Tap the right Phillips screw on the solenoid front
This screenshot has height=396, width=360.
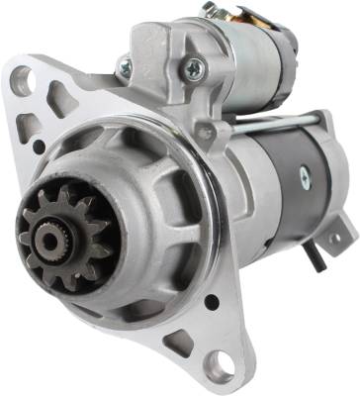point(195,68)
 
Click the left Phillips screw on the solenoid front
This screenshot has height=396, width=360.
point(124,68)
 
